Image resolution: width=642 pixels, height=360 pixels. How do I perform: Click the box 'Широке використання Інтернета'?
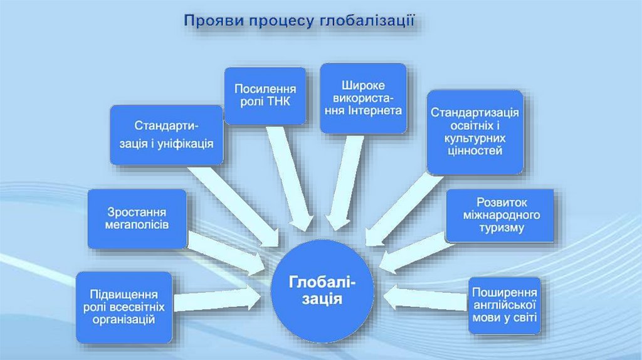[x=364, y=98]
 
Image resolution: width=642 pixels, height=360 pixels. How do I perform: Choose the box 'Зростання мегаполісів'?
[x=137, y=218]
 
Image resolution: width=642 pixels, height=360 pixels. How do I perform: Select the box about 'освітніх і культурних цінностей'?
[x=475, y=132]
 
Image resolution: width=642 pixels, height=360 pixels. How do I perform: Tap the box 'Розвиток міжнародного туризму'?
[x=500, y=215]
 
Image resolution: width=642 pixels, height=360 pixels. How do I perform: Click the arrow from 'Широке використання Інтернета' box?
[x=344, y=182]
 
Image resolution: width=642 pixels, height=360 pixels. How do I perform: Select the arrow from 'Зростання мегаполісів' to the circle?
[x=226, y=252]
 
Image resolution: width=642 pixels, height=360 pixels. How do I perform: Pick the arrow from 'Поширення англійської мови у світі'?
[x=426, y=296]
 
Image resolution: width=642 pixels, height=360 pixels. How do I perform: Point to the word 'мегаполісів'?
[x=137, y=225]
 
